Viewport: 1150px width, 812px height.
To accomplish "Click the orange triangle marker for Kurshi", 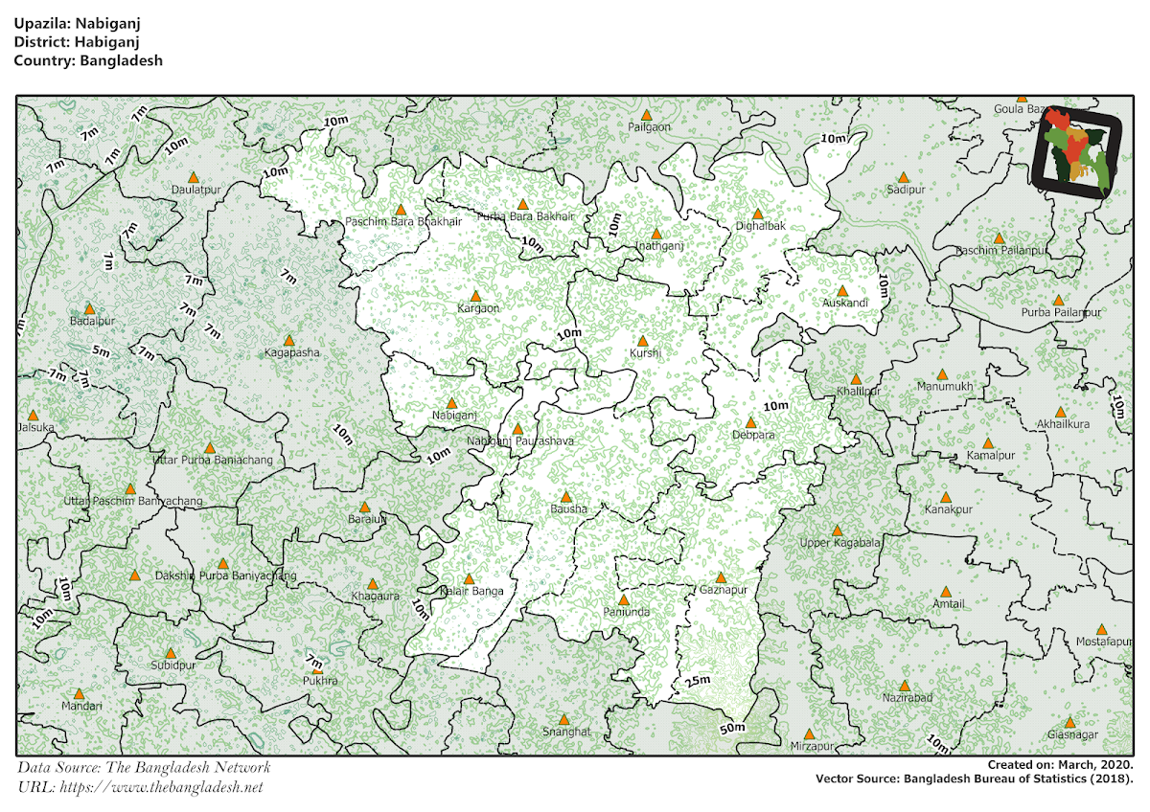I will pos(643,341).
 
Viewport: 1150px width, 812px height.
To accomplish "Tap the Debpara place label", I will pos(753,436).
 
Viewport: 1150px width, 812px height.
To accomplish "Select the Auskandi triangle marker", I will pos(842,291).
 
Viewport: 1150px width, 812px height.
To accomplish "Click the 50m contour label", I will pos(732,730).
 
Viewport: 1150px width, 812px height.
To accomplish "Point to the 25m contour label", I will pos(697,682).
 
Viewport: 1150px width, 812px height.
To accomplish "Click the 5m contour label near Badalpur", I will pos(102,351).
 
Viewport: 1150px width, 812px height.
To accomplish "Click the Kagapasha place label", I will pos(292,353).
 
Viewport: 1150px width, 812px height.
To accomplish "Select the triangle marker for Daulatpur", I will pos(194,177).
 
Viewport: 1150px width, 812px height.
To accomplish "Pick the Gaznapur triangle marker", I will pos(721,577).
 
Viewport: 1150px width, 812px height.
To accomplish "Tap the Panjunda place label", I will pos(627,612).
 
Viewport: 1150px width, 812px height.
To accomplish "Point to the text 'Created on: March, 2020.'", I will pos(1061,765).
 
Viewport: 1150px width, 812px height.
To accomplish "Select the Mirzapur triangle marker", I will pos(809,734).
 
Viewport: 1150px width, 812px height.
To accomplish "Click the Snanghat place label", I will pos(566,732).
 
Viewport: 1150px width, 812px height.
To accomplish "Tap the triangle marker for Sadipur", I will pos(903,177).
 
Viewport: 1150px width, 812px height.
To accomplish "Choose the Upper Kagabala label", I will pos(839,544).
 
